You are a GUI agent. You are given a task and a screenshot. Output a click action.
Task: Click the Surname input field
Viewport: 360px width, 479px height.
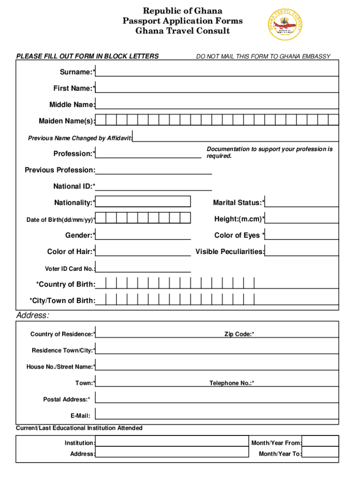click(x=217, y=71)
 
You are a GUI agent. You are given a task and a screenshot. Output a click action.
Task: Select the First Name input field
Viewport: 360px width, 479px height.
click(x=217, y=87)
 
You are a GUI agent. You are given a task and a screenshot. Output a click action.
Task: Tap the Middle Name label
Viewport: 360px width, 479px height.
click(x=72, y=105)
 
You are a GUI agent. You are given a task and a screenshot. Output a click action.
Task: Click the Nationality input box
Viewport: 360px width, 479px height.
click(x=143, y=202)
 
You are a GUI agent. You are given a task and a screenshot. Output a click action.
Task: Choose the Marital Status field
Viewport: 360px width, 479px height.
click(x=302, y=202)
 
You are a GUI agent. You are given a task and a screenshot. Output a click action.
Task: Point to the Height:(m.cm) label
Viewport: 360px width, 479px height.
click(x=239, y=219)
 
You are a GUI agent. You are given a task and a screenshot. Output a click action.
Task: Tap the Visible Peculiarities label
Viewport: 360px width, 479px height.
click(x=230, y=252)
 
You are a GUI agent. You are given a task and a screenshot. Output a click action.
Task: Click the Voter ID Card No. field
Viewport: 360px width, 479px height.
click(x=143, y=268)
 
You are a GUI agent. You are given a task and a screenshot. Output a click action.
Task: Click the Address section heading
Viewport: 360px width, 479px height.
click(x=33, y=316)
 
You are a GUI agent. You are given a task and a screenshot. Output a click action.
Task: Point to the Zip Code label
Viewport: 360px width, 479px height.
click(x=239, y=334)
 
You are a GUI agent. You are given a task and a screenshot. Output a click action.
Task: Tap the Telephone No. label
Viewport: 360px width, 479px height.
click(x=231, y=383)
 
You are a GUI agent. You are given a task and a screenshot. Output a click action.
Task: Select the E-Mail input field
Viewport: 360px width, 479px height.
click(x=217, y=414)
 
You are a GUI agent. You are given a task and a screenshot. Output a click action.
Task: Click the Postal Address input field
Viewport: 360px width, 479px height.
click(x=217, y=398)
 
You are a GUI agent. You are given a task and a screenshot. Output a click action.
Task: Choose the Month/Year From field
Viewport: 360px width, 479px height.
click(x=320, y=442)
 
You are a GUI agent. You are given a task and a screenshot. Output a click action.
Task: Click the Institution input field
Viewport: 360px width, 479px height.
click(x=172, y=442)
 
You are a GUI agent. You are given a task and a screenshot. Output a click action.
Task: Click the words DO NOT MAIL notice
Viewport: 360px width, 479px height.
click(x=263, y=57)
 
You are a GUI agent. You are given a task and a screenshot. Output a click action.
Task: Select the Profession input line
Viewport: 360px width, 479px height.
click(x=149, y=154)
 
